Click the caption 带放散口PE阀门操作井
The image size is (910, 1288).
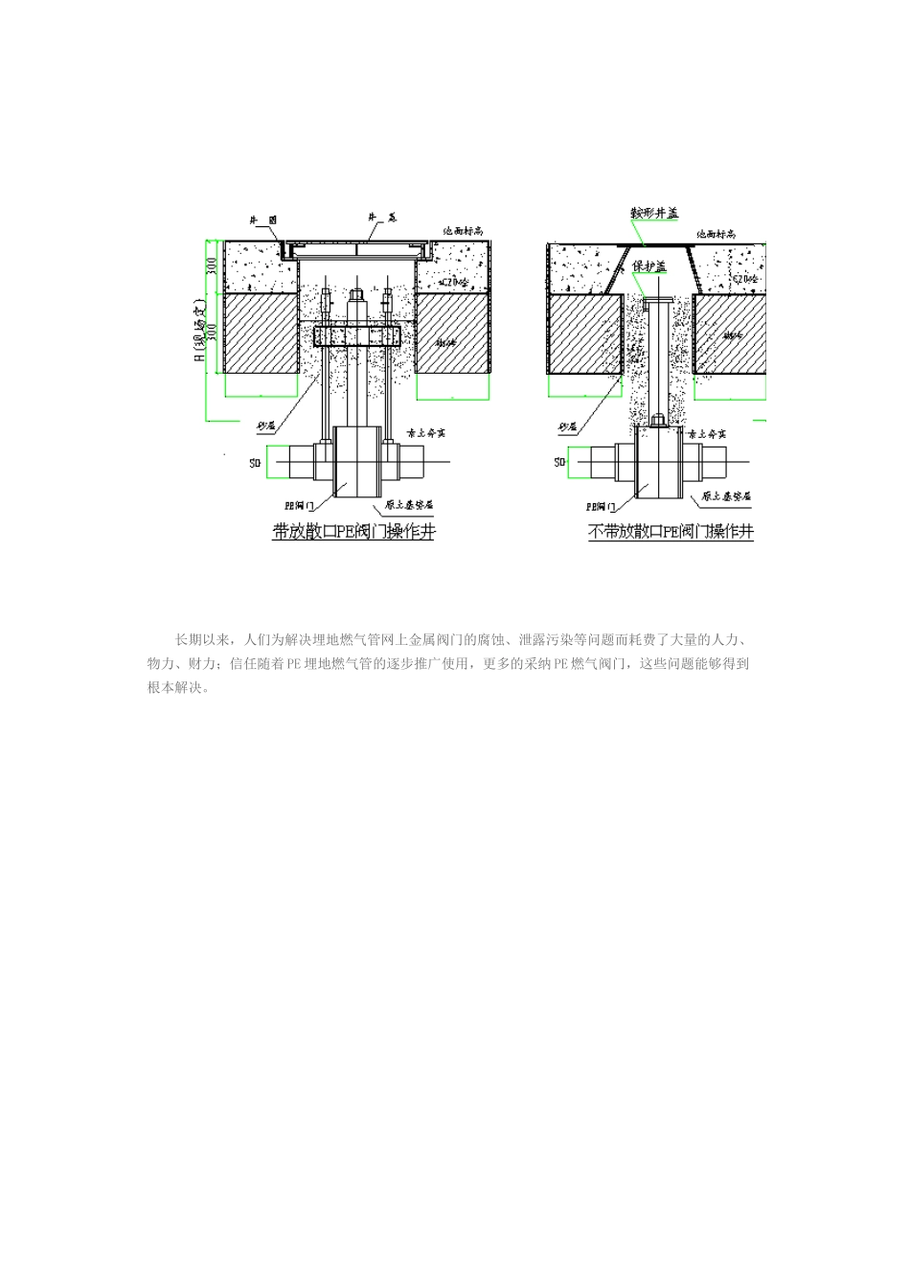(353, 531)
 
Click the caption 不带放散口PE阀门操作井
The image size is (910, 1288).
(671, 531)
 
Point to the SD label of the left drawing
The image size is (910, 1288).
(256, 463)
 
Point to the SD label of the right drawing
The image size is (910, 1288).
(559, 463)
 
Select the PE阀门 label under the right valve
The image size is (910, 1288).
(603, 502)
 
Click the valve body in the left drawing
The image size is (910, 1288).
(356, 463)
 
